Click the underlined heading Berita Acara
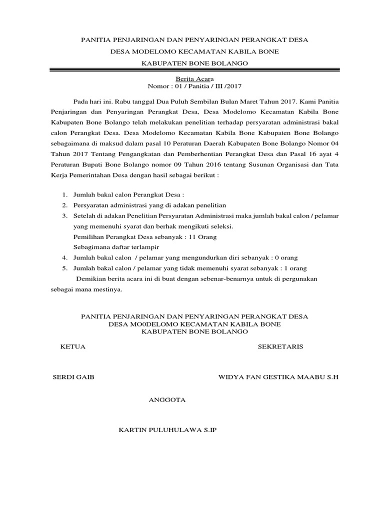191,79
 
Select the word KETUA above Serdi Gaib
72,346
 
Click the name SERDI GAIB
73,377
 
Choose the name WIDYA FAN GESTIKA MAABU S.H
278,377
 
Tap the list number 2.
64,205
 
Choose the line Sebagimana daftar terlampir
113,247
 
